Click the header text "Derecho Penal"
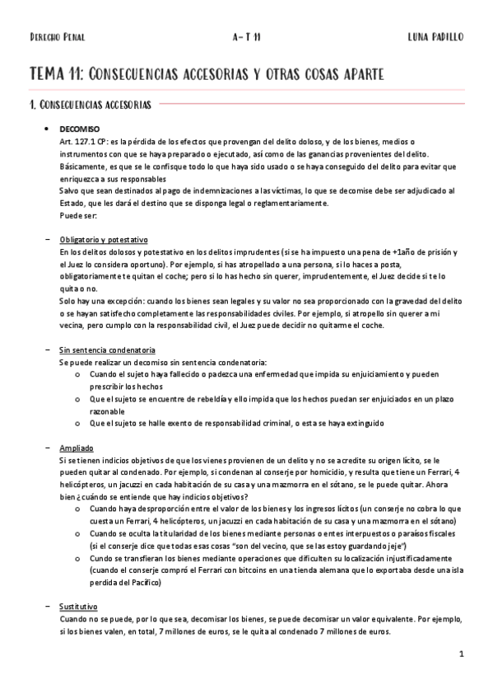(57, 37)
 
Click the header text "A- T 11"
(247, 37)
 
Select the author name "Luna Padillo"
(435, 37)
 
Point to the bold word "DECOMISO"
(80, 129)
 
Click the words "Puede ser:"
(78, 215)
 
